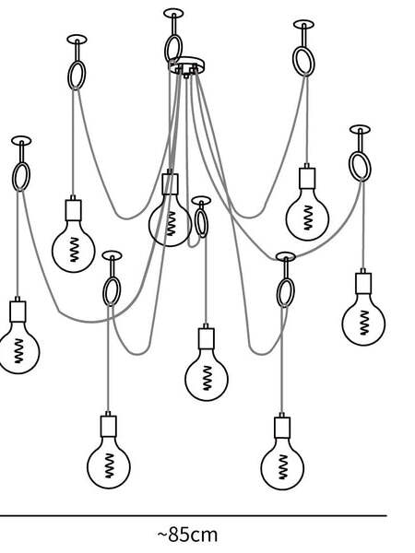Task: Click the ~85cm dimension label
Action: click(x=187, y=535)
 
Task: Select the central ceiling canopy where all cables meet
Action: click(x=186, y=65)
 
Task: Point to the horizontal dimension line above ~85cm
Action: click(x=194, y=515)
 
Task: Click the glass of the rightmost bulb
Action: click(x=363, y=321)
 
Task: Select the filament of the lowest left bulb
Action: click(x=110, y=465)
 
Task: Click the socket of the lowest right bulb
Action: click(x=282, y=427)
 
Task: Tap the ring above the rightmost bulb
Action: click(x=360, y=166)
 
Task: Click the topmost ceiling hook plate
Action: click(x=173, y=13)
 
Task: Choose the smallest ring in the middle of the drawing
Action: click(x=201, y=223)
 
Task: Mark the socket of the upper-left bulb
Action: click(x=74, y=210)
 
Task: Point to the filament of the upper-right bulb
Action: click(x=307, y=218)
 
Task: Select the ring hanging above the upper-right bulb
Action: click(x=303, y=62)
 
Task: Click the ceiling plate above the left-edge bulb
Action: click(x=21, y=141)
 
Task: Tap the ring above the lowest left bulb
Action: click(x=112, y=291)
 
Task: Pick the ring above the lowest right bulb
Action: click(x=286, y=293)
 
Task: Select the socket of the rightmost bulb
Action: click(x=363, y=283)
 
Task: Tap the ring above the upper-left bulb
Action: click(x=77, y=76)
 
